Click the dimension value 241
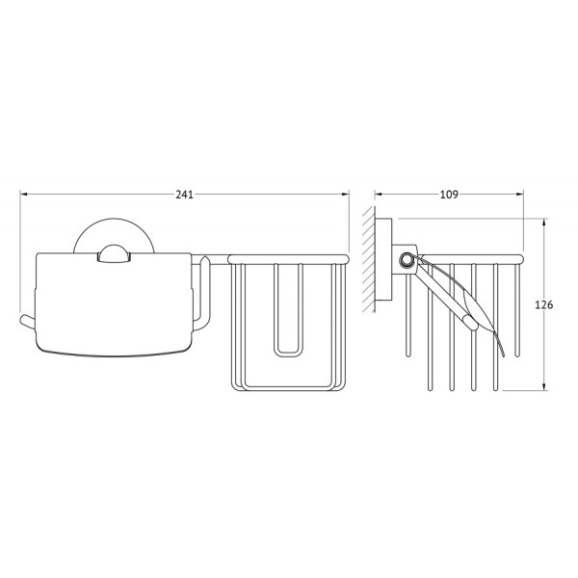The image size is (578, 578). [184, 195]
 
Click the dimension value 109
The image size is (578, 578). [449, 195]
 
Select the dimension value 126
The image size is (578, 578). [544, 304]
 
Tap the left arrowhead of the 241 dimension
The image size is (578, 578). [24, 194]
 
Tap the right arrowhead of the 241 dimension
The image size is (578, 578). [345, 194]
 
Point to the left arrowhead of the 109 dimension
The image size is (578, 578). [380, 194]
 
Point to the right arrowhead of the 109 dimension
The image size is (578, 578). [519, 194]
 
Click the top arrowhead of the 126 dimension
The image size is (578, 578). [544, 223]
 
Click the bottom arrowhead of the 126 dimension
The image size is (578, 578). [544, 385]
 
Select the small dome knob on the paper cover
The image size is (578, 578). [114, 253]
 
